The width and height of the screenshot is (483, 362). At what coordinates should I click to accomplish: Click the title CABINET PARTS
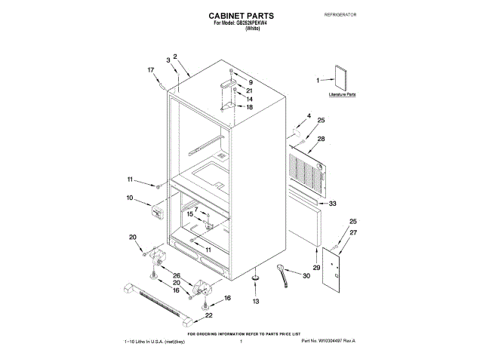click(241, 15)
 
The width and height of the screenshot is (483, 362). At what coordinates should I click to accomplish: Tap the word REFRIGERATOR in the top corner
click(340, 15)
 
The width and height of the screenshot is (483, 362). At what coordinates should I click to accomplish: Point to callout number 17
click(150, 70)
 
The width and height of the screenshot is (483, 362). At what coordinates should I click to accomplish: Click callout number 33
click(333, 203)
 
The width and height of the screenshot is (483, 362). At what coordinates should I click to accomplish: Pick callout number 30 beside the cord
click(306, 276)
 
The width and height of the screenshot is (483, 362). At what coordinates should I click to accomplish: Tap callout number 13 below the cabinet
click(255, 301)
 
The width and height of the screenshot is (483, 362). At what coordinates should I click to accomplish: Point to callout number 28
click(321, 140)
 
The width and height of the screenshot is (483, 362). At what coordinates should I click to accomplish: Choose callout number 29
click(316, 268)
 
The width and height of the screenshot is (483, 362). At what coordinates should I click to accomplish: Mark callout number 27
click(352, 234)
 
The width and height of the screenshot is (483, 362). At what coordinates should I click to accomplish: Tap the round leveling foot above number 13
click(255, 278)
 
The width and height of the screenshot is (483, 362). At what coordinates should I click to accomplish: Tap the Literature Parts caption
click(342, 96)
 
